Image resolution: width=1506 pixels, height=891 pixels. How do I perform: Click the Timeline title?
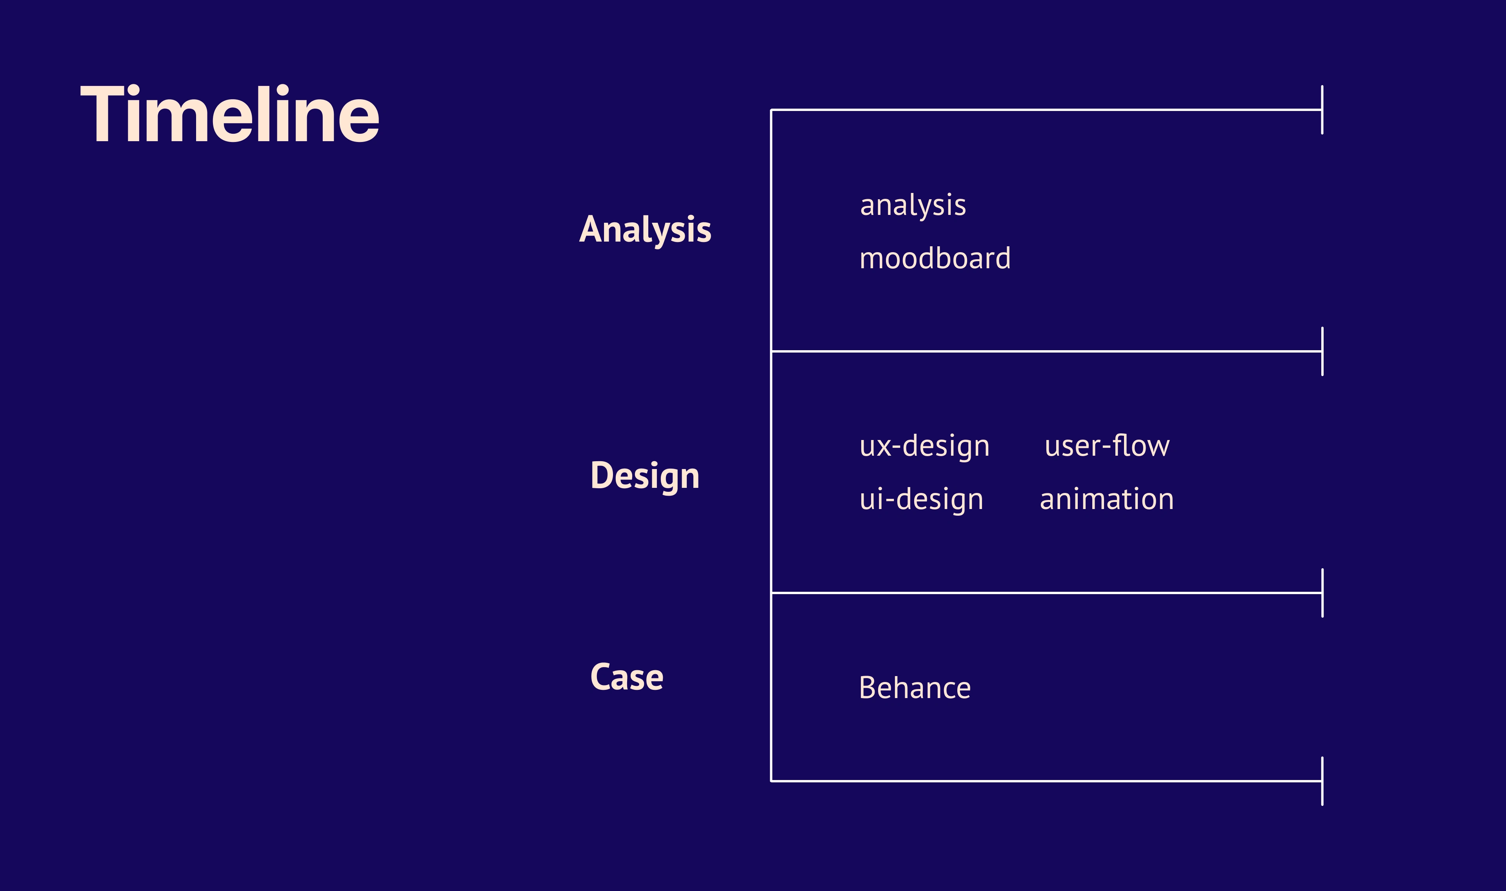click(230, 114)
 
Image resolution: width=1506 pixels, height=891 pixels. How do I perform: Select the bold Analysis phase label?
click(645, 230)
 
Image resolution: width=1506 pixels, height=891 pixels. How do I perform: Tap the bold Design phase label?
click(645, 476)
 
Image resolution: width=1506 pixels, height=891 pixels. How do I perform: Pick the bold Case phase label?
click(627, 677)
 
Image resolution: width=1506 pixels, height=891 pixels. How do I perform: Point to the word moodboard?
click(935, 258)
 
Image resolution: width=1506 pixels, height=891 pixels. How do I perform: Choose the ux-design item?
click(924, 447)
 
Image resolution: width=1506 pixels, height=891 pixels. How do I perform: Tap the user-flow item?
click(1107, 445)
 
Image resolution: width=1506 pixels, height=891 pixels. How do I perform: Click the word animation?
click(1107, 499)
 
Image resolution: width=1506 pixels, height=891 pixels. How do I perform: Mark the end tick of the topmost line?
click(1322, 110)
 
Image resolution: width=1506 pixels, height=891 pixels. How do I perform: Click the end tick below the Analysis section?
click(1322, 351)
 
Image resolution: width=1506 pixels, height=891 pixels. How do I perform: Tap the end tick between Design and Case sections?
click(1322, 593)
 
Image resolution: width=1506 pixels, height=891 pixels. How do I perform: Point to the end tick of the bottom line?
click(1322, 781)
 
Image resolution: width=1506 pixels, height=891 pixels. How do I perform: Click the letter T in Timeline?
click(102, 114)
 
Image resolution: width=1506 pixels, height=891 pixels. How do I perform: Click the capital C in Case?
click(600, 677)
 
